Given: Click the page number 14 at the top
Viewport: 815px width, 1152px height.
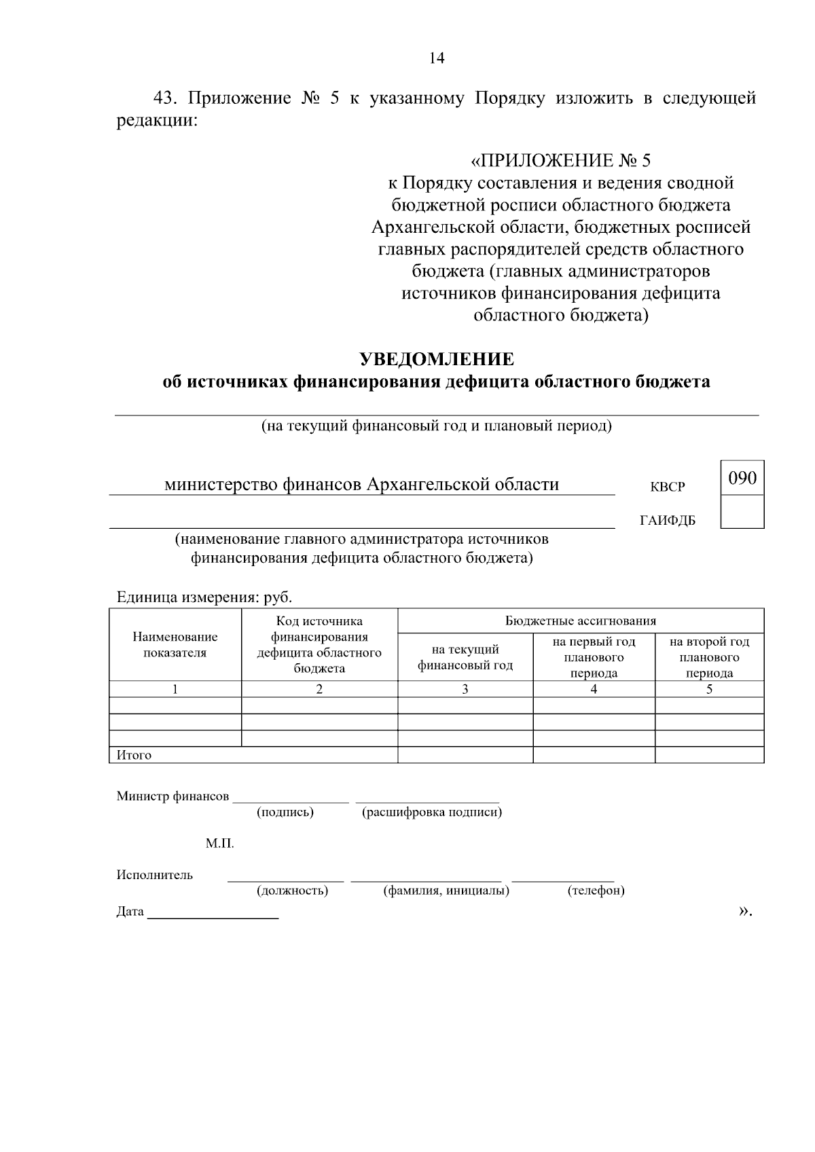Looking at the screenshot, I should coord(437,58).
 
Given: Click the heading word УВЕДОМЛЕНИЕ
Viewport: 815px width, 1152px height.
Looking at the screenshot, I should coord(436,358).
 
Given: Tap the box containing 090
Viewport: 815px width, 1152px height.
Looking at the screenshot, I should coord(742,478).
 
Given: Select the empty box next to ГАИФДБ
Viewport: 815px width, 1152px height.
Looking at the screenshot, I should coord(742,512).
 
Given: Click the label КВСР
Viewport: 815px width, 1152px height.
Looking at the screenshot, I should coord(668,487).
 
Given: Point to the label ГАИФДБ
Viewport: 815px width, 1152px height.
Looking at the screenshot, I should coord(668,521).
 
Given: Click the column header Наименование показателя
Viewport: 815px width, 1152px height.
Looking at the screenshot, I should coord(175,645).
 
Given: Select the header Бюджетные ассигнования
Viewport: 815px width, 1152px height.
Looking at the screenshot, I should coord(580,620).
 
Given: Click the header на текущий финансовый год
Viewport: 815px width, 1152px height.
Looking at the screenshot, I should coord(465,657).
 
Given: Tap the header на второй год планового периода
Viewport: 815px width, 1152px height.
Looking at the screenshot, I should coord(709,657).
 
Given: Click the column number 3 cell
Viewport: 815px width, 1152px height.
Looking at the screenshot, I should coord(465,689).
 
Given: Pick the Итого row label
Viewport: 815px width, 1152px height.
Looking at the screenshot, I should coord(134,755).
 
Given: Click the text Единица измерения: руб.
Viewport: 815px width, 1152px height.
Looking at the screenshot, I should coord(204,597).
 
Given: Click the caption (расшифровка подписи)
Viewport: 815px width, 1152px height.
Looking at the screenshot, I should coord(432,812).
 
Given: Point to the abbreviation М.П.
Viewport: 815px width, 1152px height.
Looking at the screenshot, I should coord(219,844).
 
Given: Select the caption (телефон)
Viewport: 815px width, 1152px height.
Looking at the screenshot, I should coord(596,890).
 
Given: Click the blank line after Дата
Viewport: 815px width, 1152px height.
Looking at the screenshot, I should coord(213,913).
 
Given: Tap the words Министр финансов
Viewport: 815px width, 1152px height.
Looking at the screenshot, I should coord(173,796).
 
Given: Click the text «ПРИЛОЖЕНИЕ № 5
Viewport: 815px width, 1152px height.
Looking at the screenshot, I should coord(560,161).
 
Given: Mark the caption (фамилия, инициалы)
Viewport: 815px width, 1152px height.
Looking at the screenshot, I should coord(446,890).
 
